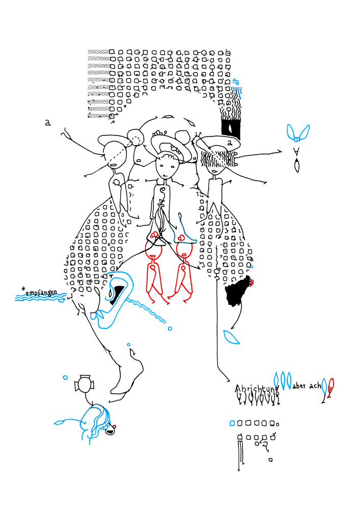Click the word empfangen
(x=45, y=293)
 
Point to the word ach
(x=315, y=386)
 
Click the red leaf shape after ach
(x=331, y=387)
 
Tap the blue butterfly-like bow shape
(x=297, y=133)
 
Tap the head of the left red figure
(x=153, y=250)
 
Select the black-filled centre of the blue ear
(x=118, y=294)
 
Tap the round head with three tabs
(x=84, y=384)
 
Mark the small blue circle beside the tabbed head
(x=65, y=377)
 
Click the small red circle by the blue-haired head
(x=116, y=426)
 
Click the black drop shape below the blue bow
(x=297, y=165)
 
